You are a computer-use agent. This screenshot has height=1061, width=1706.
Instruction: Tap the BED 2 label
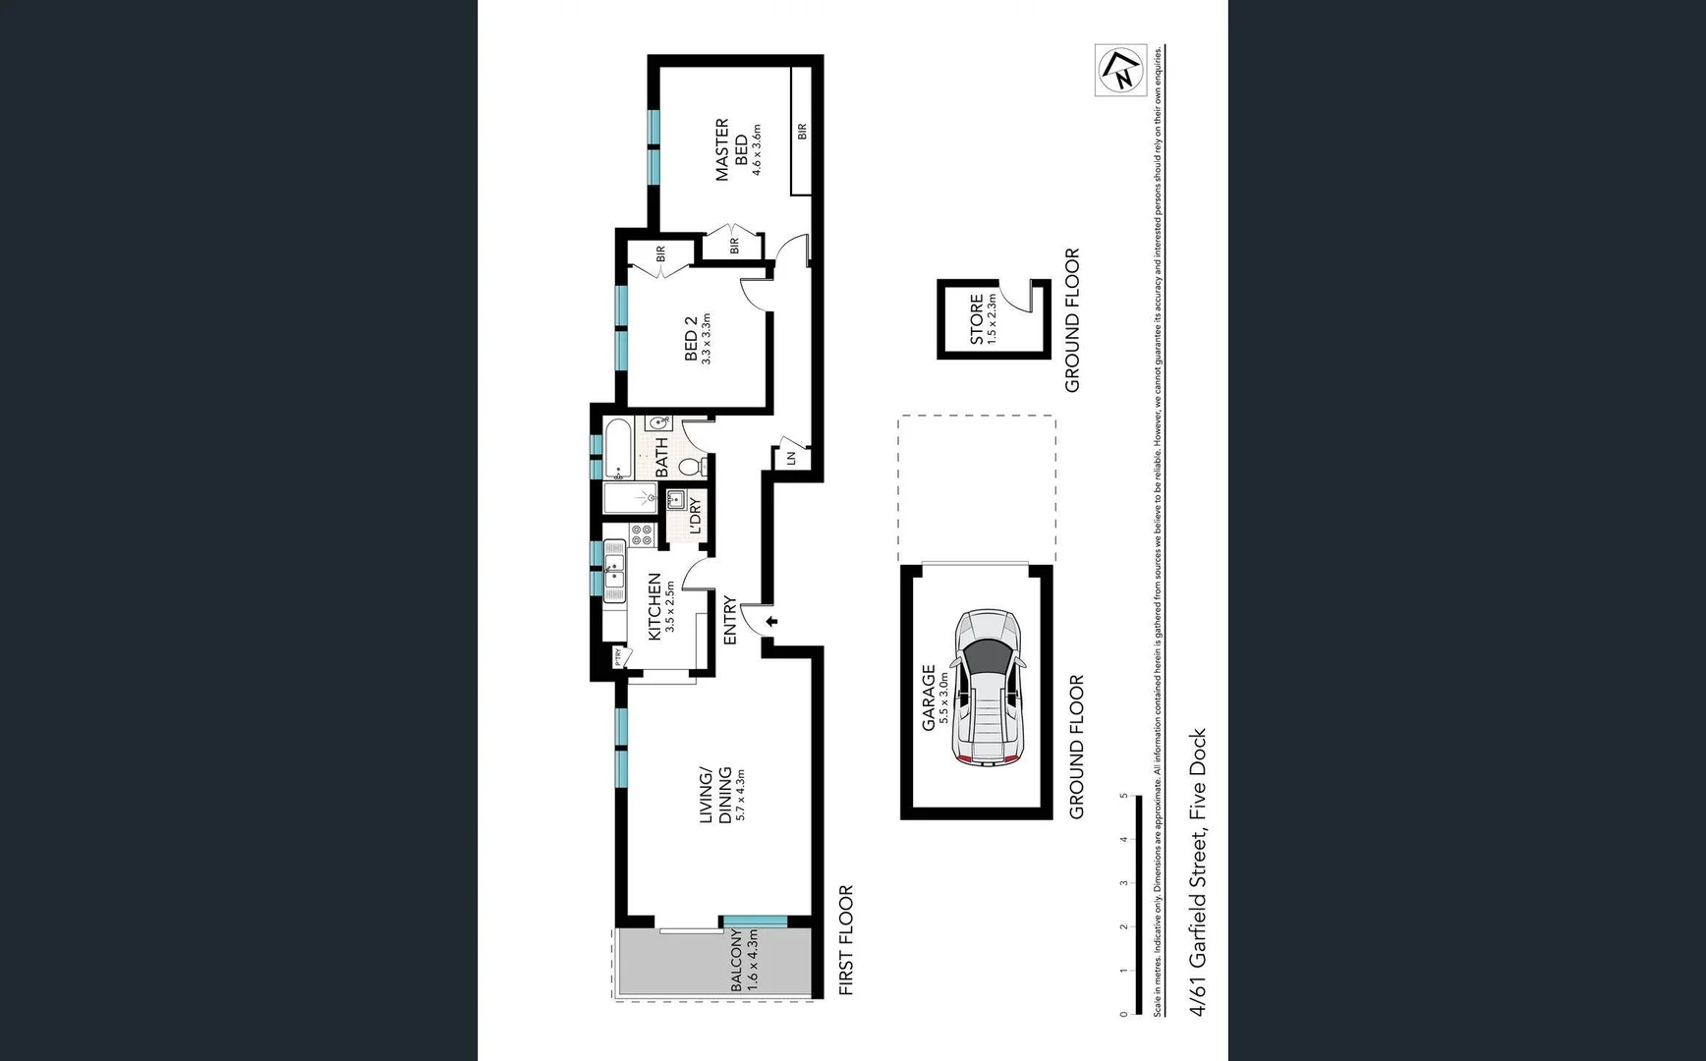click(x=691, y=338)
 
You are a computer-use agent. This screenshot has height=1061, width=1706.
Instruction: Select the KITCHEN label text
click(x=654, y=607)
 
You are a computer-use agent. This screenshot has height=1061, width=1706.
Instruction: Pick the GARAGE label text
click(x=928, y=698)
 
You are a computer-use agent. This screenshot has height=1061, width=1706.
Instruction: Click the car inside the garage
click(x=989, y=688)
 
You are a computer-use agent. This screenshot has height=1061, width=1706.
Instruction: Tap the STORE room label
click(x=977, y=318)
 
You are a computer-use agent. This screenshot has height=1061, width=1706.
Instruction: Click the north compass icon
click(x=1121, y=70)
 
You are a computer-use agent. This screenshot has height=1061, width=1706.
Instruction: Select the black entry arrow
click(x=772, y=621)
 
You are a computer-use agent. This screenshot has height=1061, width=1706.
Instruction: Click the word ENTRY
click(x=730, y=621)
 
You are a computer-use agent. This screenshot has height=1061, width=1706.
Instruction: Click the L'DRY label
click(x=695, y=517)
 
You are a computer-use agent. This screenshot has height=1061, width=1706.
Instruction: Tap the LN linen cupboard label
click(x=789, y=458)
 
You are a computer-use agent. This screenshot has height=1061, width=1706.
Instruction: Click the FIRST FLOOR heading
click(x=846, y=941)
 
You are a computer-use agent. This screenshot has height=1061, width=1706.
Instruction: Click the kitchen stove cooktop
click(x=642, y=534)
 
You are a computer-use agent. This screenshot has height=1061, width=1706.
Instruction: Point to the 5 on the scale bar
click(x=1124, y=796)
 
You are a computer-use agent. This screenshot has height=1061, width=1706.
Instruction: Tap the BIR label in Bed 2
click(x=660, y=253)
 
